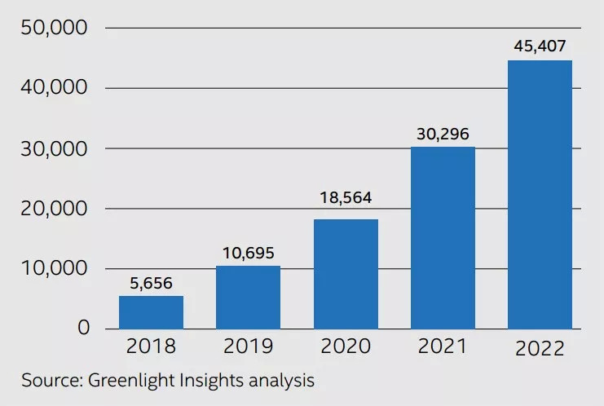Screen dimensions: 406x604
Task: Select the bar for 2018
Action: pyautogui.click(x=151, y=312)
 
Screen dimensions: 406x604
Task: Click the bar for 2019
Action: pyautogui.click(x=248, y=297)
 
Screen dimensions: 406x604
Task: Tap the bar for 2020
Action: pyautogui.click(x=346, y=274)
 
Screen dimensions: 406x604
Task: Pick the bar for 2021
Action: pyautogui.click(x=443, y=237)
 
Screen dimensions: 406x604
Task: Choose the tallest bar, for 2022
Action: pyautogui.click(x=540, y=194)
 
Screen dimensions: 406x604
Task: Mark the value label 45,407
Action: pyautogui.click(x=540, y=46)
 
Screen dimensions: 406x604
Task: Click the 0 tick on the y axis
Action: pyautogui.click(x=84, y=329)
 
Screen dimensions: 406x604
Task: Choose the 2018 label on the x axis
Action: pyautogui.click(x=151, y=346)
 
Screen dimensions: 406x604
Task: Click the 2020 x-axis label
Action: pyautogui.click(x=346, y=346)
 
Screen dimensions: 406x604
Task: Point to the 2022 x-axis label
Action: pyautogui.click(x=540, y=348)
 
